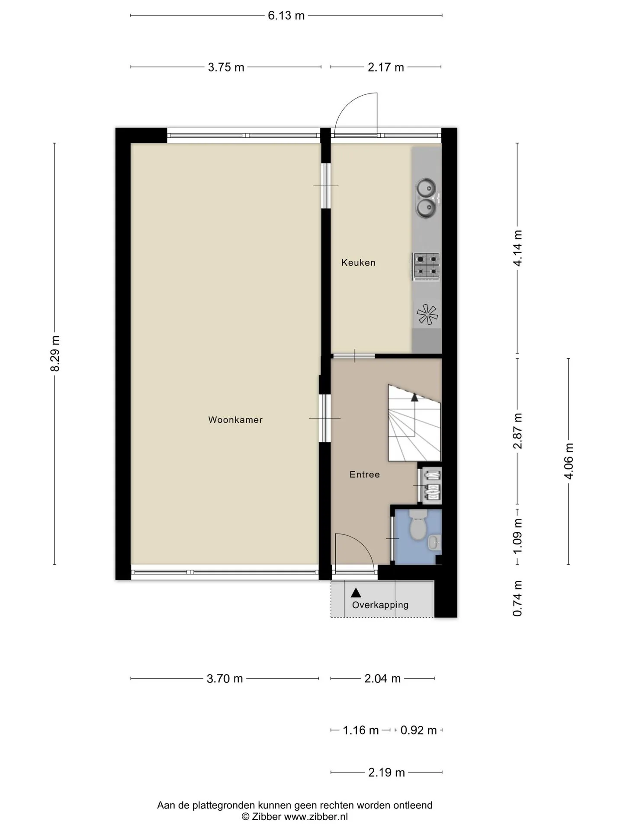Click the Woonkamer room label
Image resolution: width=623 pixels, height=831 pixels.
click(235, 419)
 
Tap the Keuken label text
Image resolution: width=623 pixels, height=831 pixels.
click(358, 262)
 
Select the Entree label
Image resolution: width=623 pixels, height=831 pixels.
click(365, 474)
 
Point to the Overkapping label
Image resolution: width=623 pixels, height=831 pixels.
click(380, 605)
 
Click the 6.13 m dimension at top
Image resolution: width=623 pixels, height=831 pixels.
click(286, 16)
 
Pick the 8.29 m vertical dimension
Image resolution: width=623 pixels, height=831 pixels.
click(55, 354)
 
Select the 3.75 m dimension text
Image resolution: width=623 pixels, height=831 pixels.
click(226, 67)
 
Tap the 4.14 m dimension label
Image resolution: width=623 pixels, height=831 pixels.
click(517, 248)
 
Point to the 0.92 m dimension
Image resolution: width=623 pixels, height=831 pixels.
click(418, 730)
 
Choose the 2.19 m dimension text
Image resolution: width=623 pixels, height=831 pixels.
click(386, 772)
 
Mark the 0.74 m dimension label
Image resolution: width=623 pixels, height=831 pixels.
click(517, 599)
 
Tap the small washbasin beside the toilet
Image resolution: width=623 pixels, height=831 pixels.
click(434, 542)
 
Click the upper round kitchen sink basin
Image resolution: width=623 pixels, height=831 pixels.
click(426, 187)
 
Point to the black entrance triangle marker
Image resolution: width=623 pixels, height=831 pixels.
click(356, 593)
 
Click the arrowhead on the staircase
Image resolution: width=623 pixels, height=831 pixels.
click(414, 397)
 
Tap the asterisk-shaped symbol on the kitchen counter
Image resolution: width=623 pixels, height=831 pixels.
click(427, 315)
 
